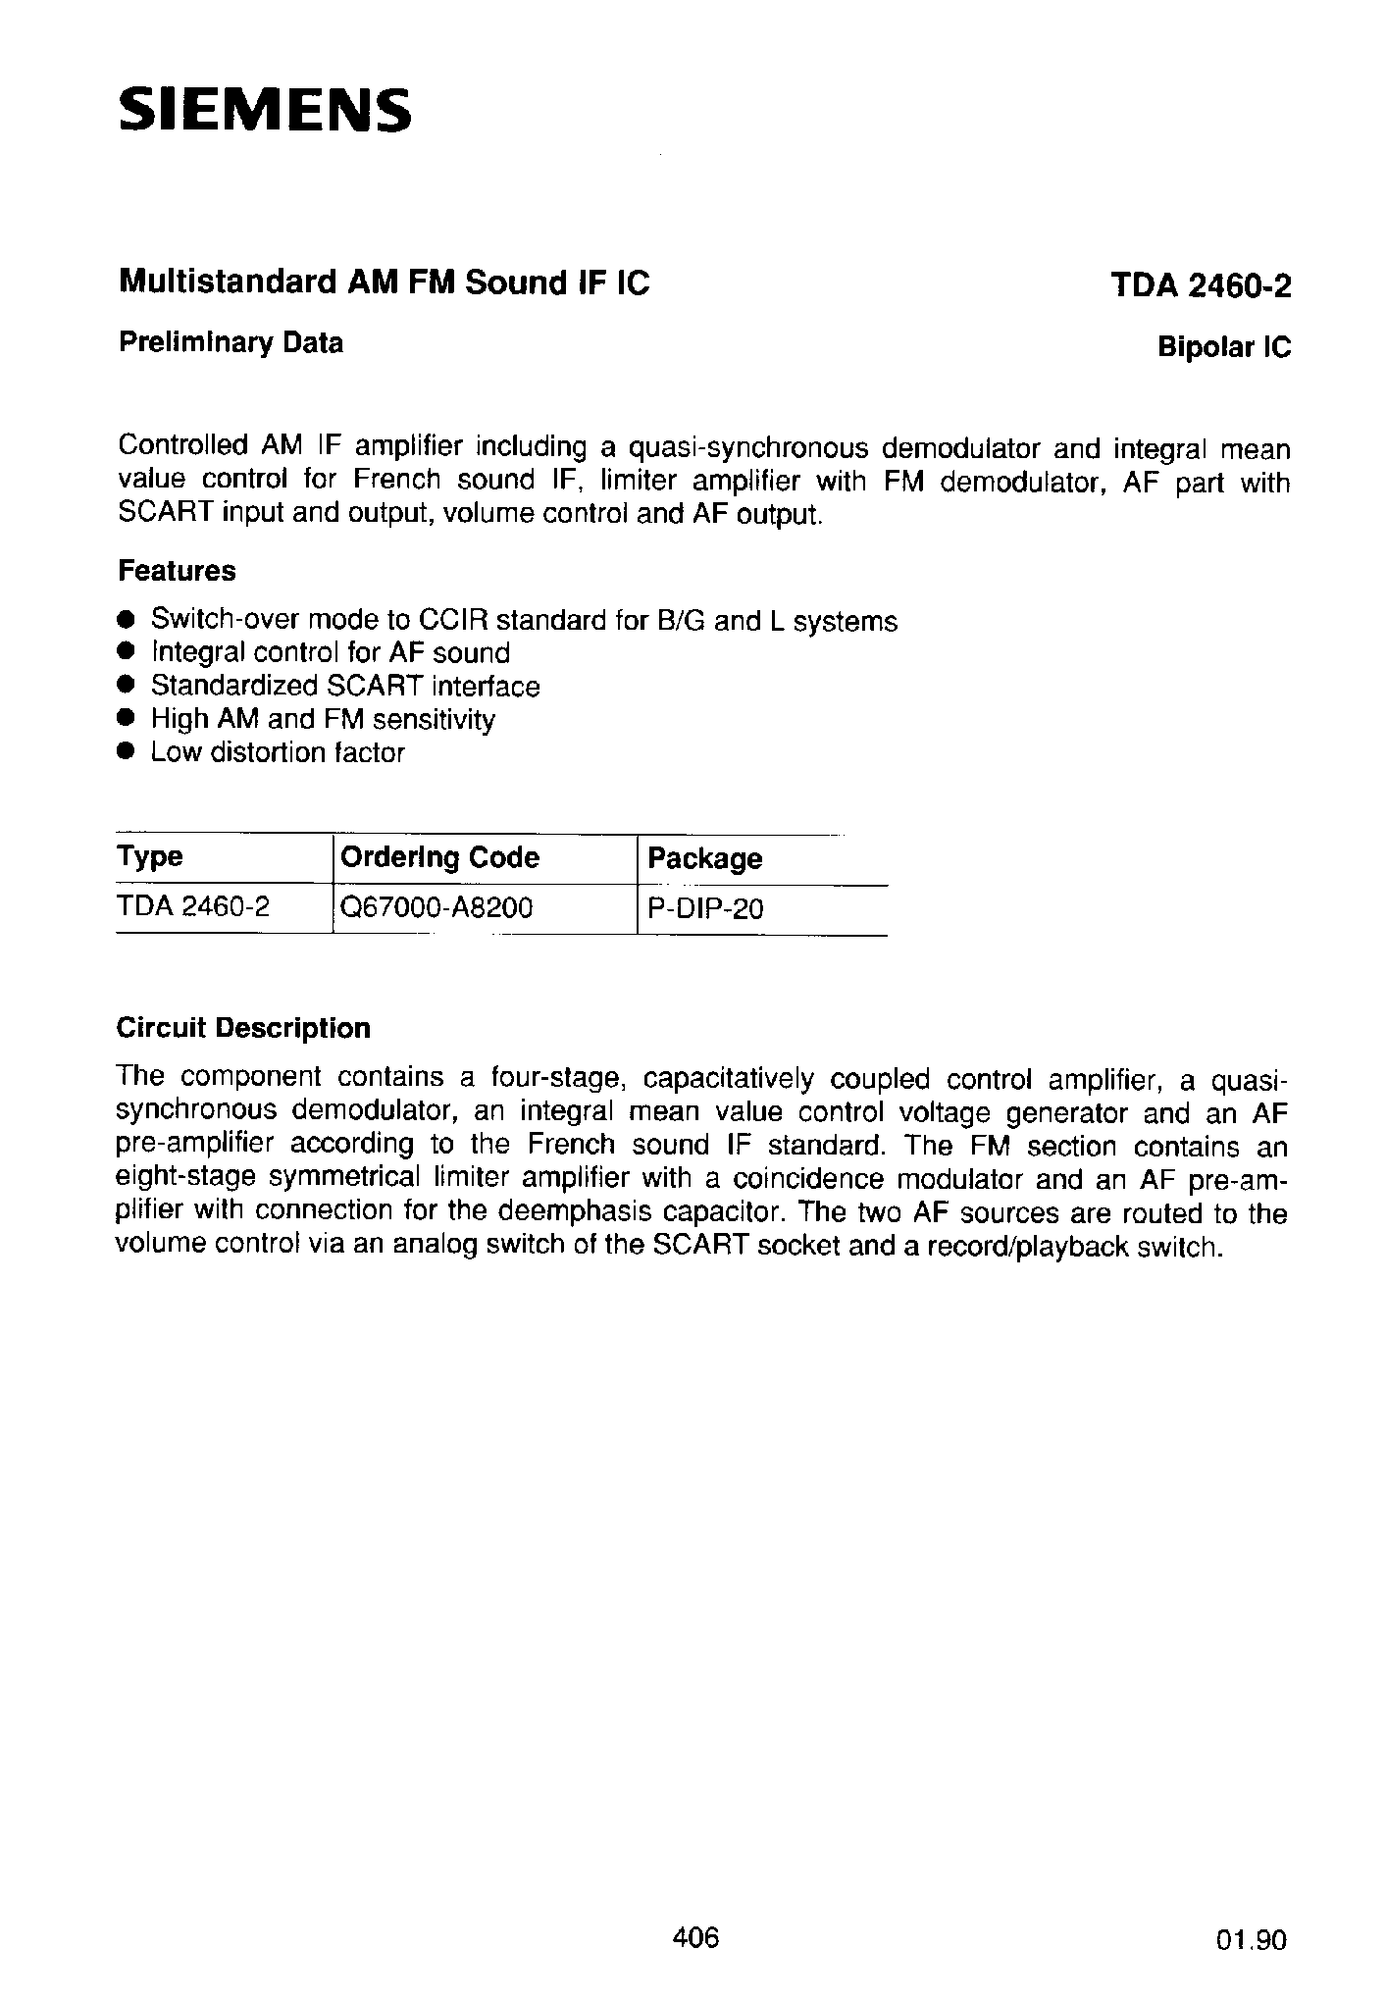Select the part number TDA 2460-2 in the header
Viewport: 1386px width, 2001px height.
point(1201,285)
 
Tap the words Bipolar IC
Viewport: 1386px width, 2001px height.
point(1224,347)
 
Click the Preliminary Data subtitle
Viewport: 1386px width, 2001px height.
point(231,342)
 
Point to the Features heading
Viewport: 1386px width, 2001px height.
point(177,570)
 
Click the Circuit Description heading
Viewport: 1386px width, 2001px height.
point(243,1028)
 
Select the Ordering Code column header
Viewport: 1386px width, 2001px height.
point(439,857)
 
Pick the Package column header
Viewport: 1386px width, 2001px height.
point(705,858)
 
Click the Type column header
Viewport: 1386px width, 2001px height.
point(149,856)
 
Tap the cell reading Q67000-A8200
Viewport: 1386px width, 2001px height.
point(436,908)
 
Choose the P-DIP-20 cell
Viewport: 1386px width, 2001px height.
point(705,909)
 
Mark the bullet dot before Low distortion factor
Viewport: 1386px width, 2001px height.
point(125,751)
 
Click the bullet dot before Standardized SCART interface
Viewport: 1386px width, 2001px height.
point(125,685)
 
